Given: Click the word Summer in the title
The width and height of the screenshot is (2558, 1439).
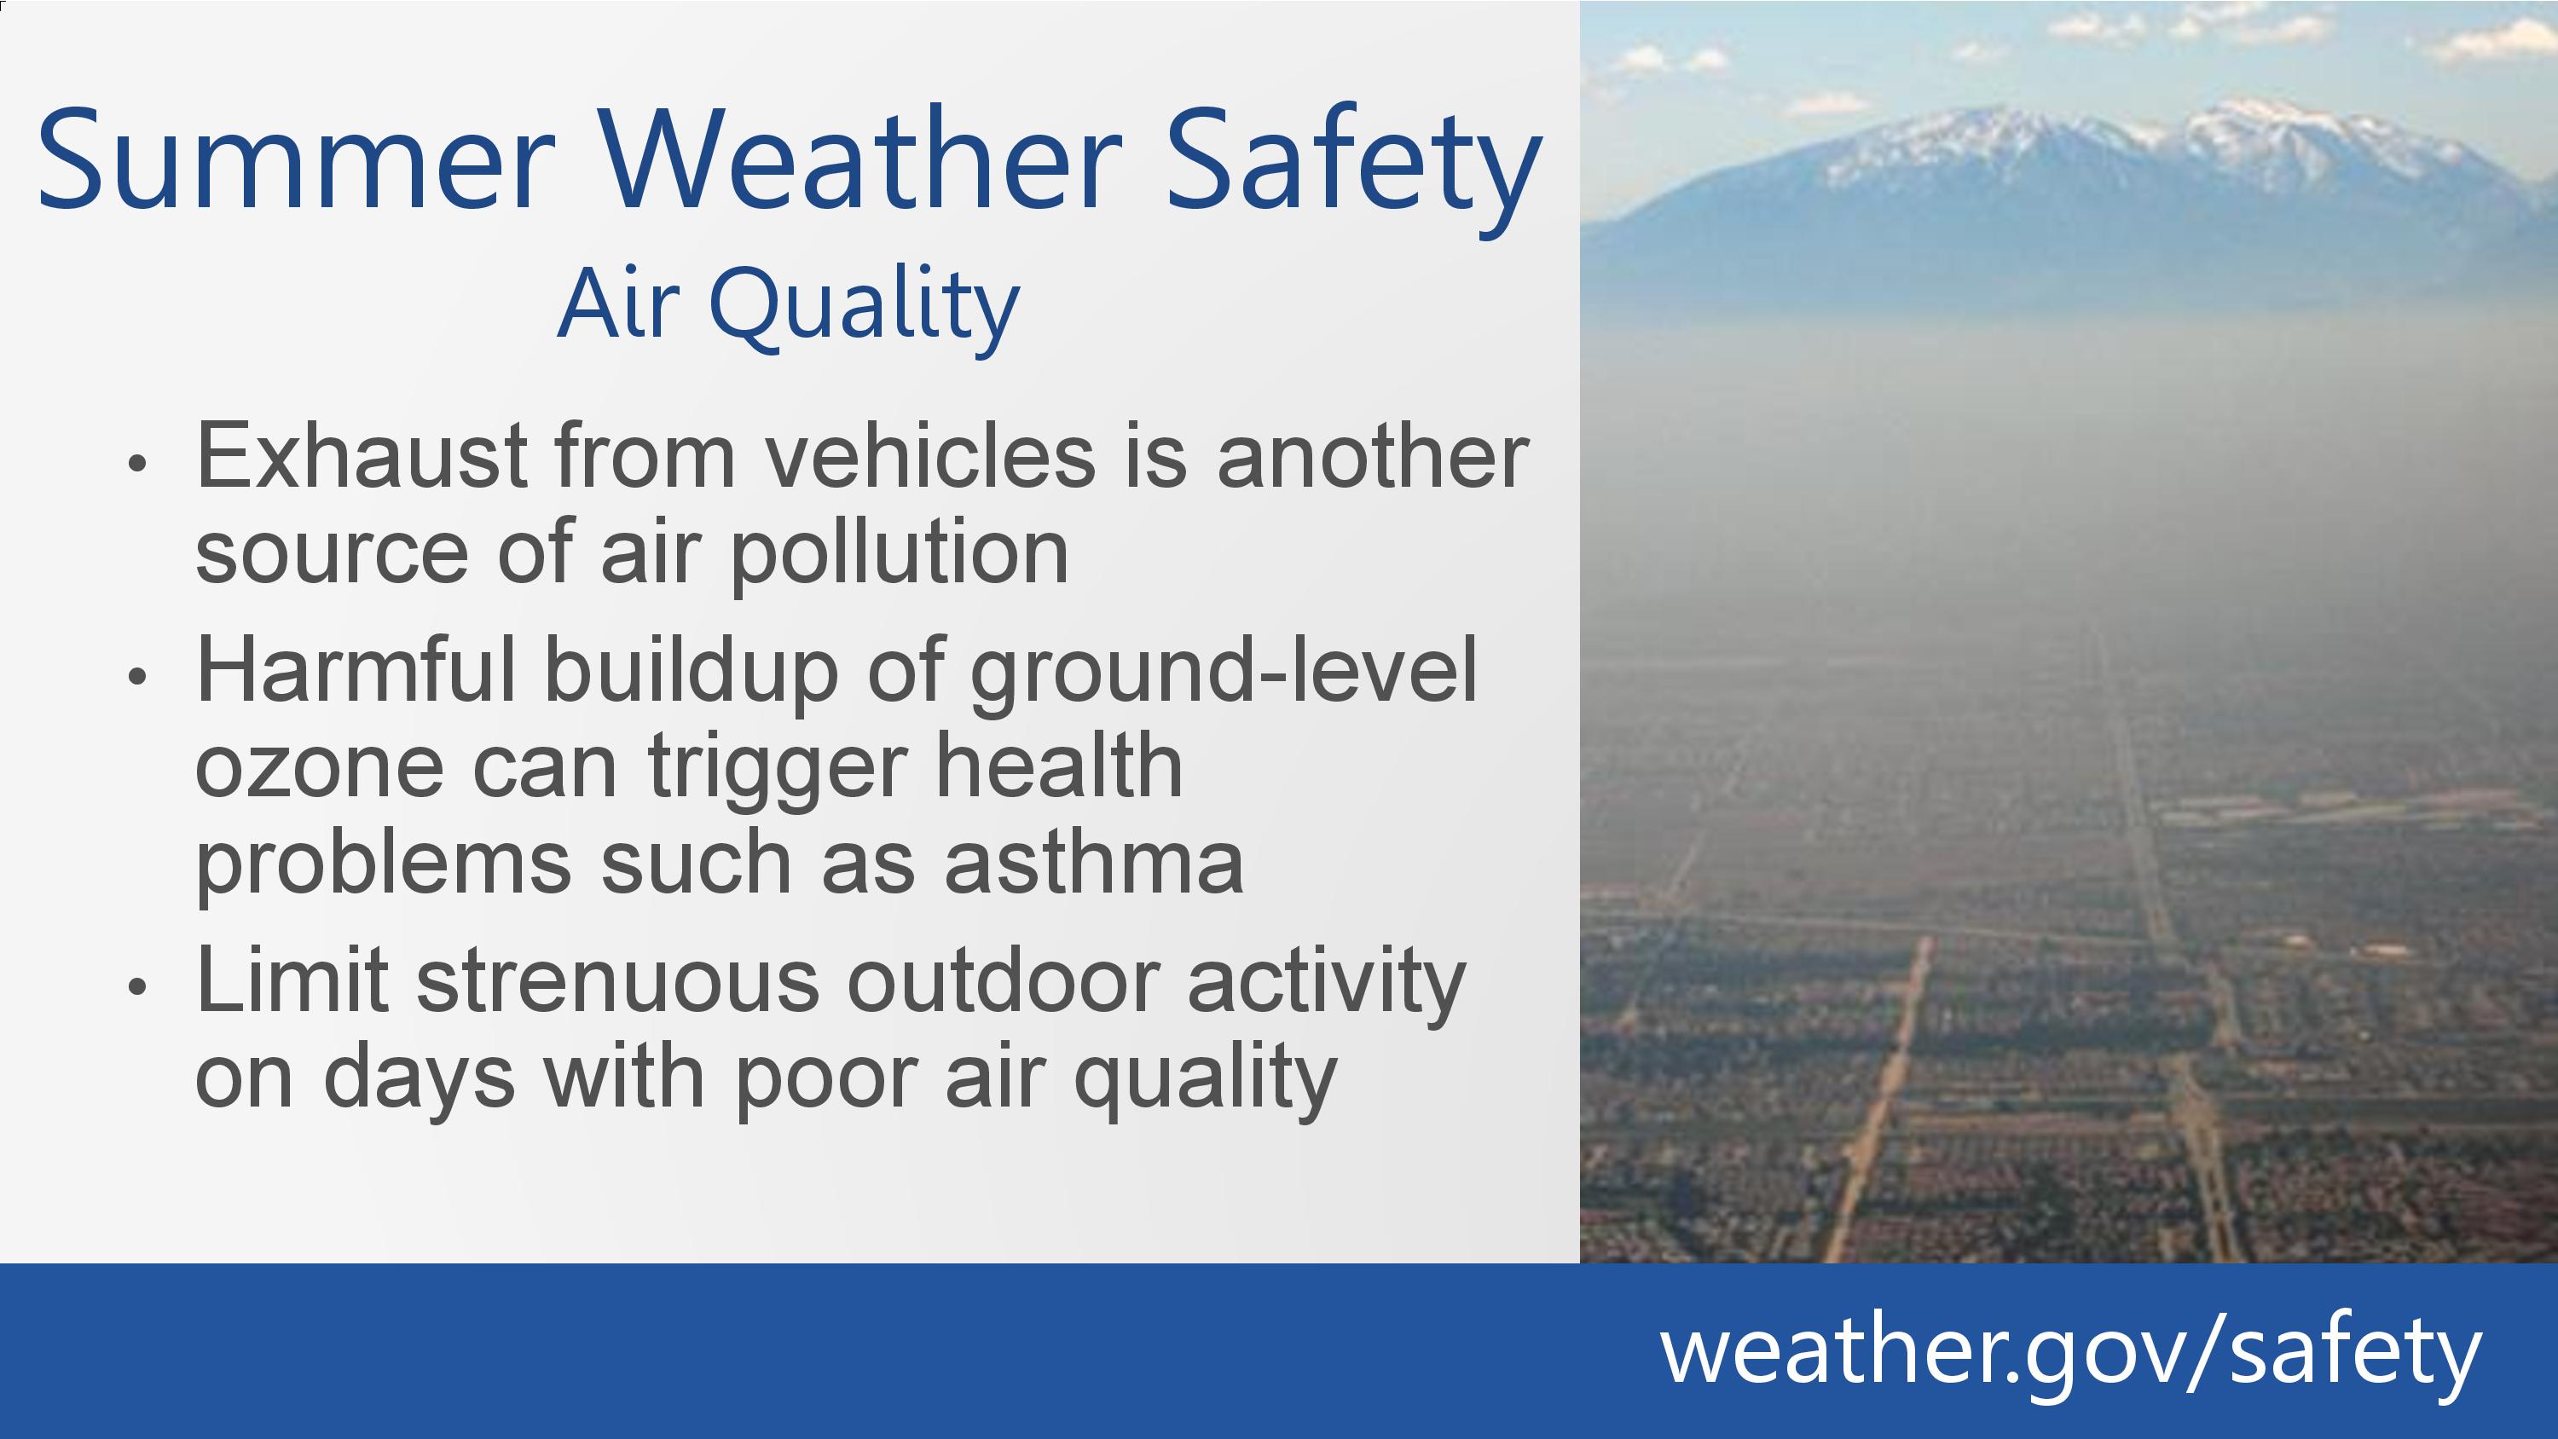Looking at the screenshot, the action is (295, 159).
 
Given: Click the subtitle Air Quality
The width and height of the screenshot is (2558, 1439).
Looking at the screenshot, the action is (789, 305).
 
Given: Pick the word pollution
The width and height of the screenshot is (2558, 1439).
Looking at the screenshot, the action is (900, 554).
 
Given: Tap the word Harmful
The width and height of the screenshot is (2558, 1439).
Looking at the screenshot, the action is (356, 668).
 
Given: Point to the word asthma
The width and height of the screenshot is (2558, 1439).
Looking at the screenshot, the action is (1093, 860).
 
